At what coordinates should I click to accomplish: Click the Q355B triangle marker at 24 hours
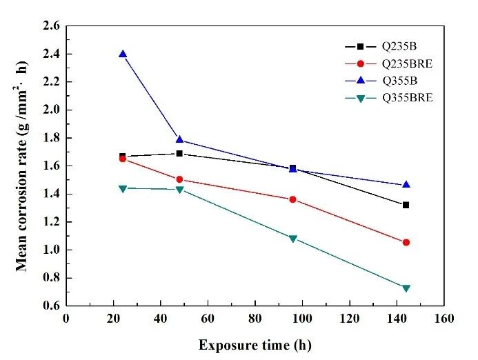(123, 54)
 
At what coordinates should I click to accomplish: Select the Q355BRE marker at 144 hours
(406, 288)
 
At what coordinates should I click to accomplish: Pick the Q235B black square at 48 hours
(179, 153)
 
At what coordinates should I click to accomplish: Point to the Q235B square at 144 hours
(406, 205)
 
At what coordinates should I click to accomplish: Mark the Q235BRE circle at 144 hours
(406, 242)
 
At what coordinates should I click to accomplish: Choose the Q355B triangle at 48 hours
(179, 140)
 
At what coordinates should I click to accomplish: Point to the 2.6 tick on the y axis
(52, 26)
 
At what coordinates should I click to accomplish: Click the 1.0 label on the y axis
(52, 250)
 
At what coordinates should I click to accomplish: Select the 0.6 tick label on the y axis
(52, 306)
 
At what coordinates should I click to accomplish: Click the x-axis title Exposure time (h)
(255, 343)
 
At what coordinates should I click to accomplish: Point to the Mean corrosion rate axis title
(23, 166)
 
